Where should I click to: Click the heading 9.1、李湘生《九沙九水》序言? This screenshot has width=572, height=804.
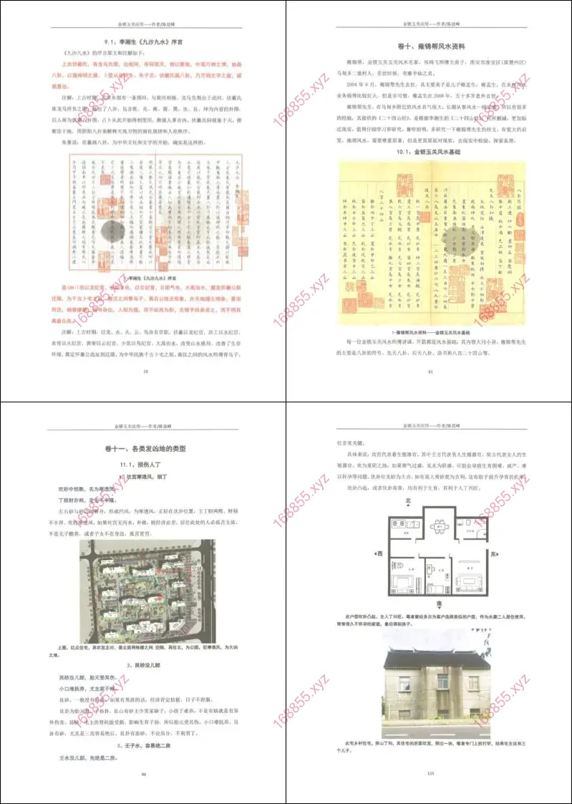(x=143, y=42)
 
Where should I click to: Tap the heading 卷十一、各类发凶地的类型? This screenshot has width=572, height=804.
(x=143, y=450)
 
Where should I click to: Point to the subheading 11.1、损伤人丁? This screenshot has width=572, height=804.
(x=143, y=465)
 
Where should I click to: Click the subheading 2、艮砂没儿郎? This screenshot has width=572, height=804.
(x=143, y=665)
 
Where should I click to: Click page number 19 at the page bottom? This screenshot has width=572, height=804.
(x=145, y=371)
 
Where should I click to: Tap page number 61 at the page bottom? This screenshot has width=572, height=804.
(x=430, y=371)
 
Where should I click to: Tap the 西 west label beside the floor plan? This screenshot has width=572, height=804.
(x=379, y=553)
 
